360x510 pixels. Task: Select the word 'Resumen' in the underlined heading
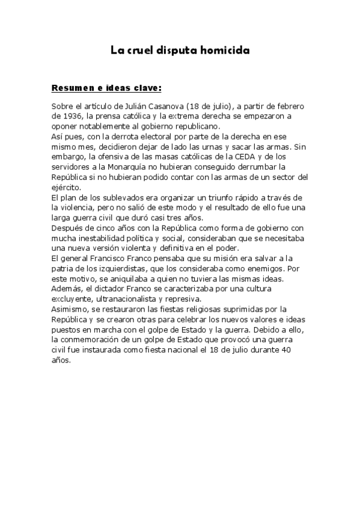(70, 88)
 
